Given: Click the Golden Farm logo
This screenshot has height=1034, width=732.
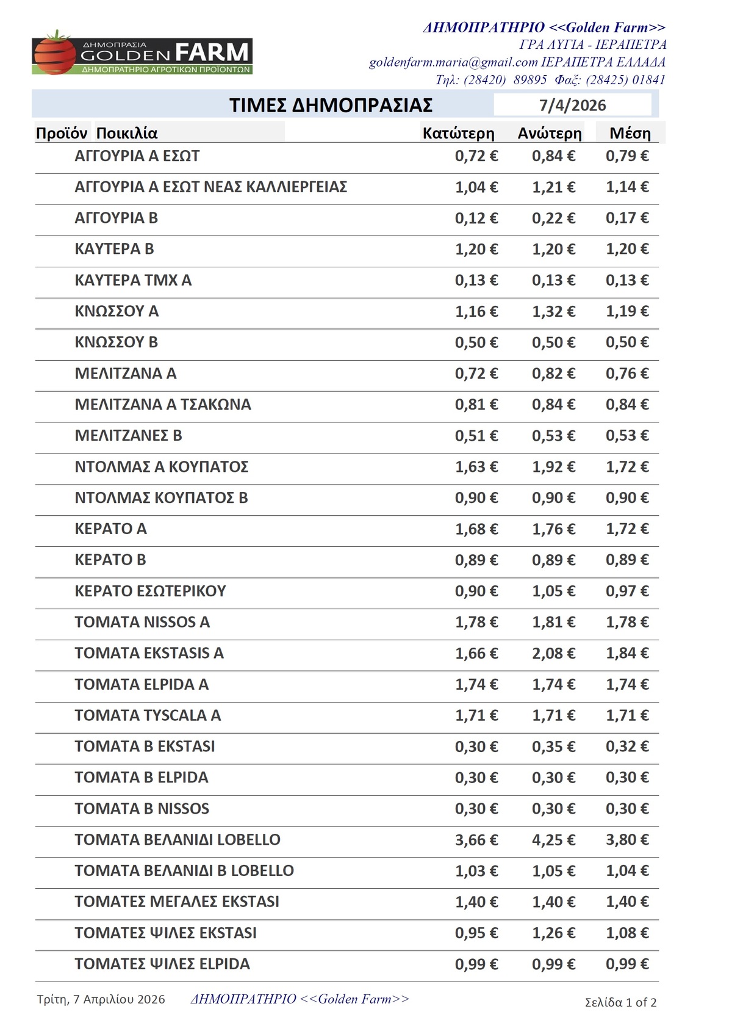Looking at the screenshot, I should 142,53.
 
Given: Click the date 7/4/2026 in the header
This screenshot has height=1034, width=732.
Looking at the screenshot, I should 572,105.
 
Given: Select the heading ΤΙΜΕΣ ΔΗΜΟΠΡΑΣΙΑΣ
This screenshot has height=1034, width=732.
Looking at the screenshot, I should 331,105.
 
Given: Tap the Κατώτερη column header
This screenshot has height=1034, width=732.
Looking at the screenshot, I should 458,133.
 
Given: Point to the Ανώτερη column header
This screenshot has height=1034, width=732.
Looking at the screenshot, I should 550,133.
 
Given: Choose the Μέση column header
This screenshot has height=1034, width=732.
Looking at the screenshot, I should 630,133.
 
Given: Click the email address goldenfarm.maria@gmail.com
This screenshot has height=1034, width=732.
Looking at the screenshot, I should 453,62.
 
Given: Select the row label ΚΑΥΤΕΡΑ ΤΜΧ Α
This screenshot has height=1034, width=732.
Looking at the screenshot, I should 133,280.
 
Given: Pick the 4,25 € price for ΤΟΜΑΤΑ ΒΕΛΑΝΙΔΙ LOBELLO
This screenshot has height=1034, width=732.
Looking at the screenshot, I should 553,840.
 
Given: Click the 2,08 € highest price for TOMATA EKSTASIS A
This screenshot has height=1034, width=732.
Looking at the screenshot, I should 553,653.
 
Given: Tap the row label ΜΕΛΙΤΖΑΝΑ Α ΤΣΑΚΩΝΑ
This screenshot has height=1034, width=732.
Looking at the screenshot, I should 163,405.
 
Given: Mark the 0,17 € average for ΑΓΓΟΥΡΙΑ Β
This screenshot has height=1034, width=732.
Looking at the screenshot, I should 627,218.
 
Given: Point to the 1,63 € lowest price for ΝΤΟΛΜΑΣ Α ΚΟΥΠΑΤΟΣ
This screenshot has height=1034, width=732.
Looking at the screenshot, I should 476,467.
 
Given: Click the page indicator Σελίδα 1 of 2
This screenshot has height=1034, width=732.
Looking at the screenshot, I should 620,1002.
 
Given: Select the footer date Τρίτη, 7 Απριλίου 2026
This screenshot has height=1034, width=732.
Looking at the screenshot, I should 101,999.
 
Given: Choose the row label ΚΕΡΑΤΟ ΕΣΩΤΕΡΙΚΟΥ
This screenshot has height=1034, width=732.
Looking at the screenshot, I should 150,591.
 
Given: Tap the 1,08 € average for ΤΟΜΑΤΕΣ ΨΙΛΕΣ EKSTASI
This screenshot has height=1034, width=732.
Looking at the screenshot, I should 627,933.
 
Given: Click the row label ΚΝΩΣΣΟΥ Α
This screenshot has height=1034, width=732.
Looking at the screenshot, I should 117,311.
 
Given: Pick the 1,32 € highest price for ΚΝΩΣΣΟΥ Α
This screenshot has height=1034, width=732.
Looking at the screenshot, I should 553,311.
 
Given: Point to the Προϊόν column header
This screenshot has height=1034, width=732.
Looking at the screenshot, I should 62,133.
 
